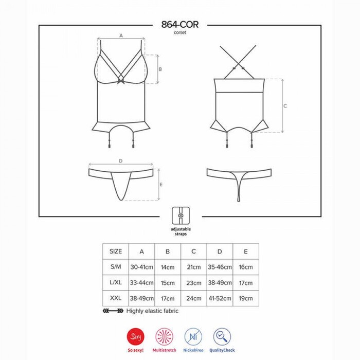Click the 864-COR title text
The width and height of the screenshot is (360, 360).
(180, 24)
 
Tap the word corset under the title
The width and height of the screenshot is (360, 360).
(180, 32)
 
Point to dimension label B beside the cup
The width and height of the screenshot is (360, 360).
(160, 69)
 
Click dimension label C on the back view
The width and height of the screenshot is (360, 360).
(285, 106)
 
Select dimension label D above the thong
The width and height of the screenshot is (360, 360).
(121, 161)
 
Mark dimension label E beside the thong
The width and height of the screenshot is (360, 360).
(161, 185)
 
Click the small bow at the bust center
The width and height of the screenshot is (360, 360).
(121, 81)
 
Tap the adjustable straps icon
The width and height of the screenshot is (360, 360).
(181, 215)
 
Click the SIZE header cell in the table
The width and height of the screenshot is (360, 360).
(116, 251)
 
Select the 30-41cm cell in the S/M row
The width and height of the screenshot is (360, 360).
(141, 267)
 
